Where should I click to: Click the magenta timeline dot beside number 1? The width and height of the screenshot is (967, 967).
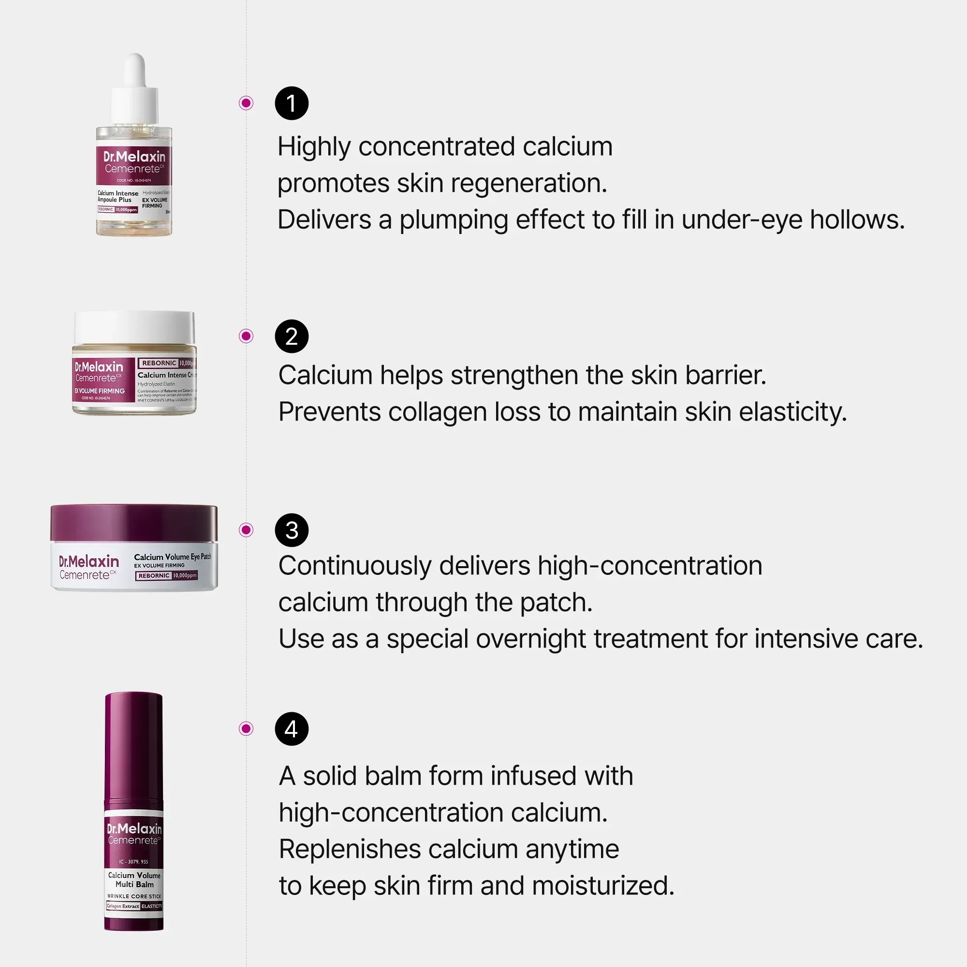[x=246, y=103]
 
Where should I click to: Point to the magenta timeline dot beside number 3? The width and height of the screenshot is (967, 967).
[x=246, y=529]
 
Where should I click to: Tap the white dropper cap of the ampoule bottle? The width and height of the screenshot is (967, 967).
[x=134, y=90]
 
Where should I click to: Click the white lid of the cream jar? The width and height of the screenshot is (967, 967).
[x=134, y=326]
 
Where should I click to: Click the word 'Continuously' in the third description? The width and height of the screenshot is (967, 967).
[x=354, y=566]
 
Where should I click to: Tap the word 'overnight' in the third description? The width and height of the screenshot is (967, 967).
[x=530, y=639]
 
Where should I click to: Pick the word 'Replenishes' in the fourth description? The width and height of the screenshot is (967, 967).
[x=350, y=850]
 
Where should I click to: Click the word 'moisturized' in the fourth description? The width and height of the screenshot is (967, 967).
[x=602, y=886]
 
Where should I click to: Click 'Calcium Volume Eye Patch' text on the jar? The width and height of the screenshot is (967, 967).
[x=172, y=557]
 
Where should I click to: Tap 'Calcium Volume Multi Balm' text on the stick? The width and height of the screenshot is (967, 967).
[x=134, y=879]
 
